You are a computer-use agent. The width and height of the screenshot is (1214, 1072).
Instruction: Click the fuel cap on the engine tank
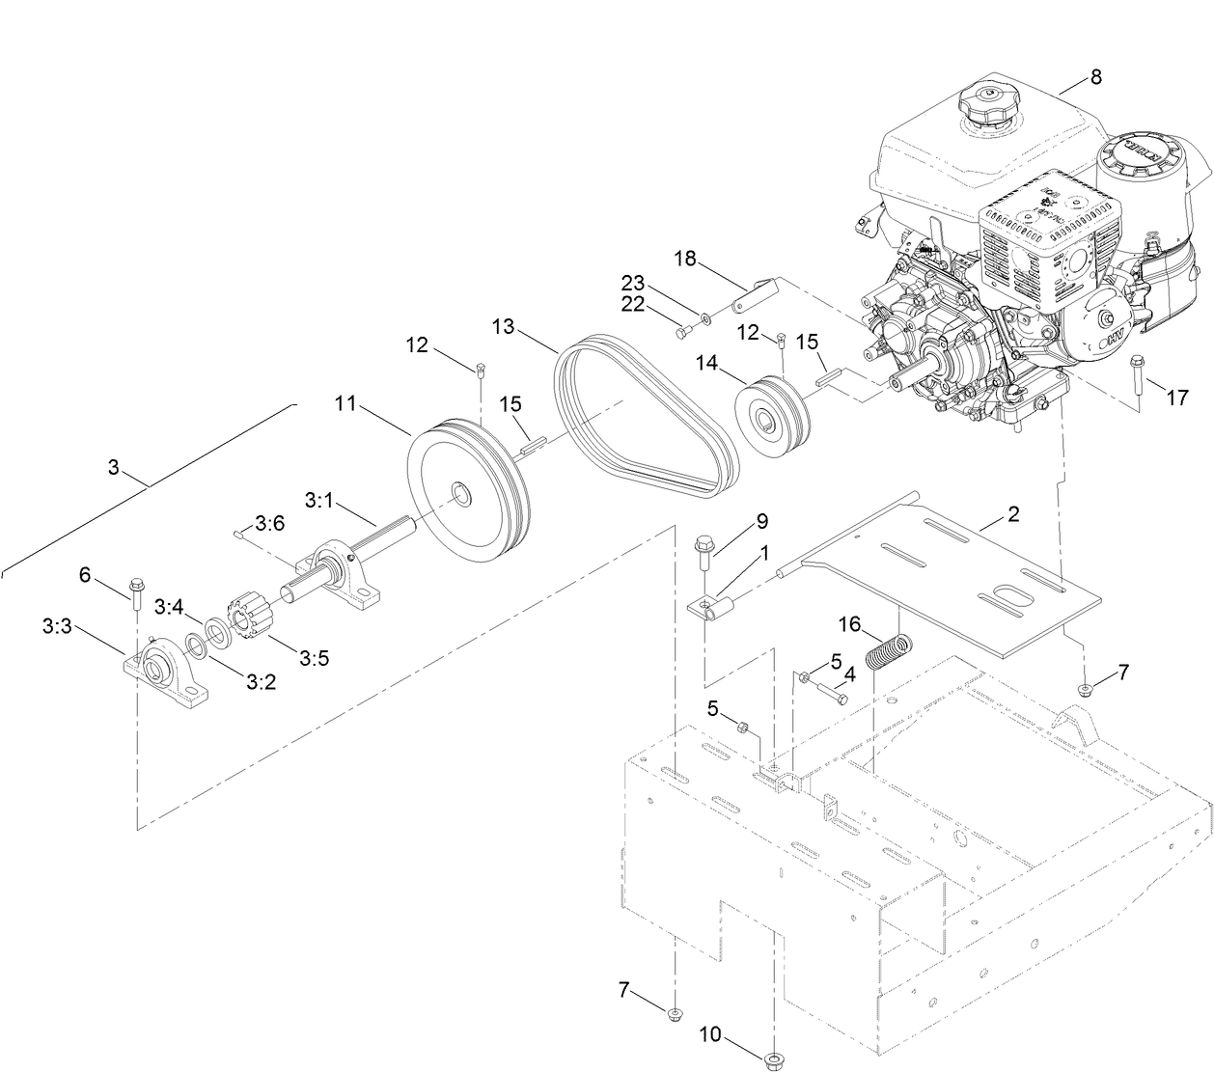(990, 104)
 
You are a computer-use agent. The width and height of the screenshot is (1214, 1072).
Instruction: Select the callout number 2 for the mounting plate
(1012, 514)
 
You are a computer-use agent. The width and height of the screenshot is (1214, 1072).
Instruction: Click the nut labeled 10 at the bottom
(772, 1060)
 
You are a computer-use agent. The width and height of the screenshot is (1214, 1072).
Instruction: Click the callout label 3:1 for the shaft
(318, 501)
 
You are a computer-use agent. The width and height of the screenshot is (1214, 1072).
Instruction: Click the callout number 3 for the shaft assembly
(113, 468)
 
